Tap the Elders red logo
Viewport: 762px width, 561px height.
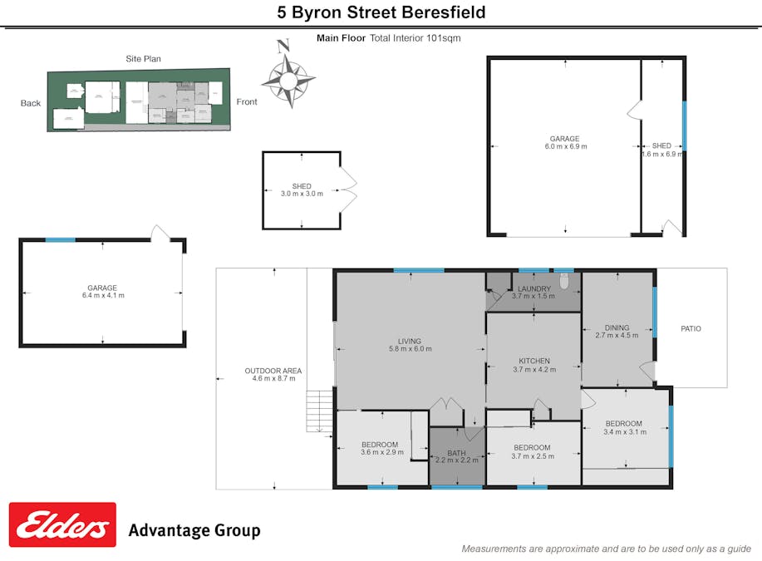62,524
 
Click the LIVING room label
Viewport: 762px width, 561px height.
409,345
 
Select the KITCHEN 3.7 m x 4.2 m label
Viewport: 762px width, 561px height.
532,366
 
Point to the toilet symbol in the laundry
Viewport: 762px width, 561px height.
564,283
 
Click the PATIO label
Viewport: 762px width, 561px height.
691,329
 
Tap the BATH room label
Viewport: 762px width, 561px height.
456,455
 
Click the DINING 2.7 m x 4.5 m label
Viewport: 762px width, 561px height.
617,332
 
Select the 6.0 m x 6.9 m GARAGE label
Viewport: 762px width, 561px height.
565,143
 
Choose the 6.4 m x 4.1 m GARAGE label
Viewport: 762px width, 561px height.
102,292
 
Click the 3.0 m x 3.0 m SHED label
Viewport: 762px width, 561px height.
301,189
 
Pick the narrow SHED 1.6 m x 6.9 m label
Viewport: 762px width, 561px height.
661,150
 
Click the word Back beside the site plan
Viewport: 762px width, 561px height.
31,104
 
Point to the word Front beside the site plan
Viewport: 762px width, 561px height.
247,102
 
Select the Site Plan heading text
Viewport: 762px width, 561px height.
143,59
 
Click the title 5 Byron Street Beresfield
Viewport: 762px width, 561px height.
381,12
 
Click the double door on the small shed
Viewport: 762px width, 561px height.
348,189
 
